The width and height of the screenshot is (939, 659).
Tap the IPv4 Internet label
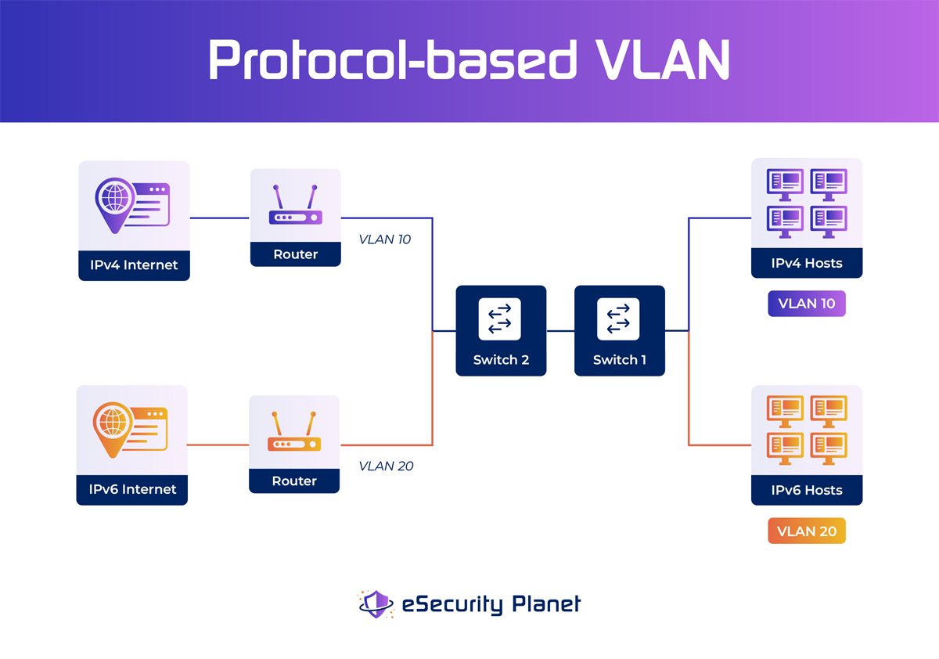[x=134, y=265]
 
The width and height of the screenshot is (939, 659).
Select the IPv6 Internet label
[x=132, y=489]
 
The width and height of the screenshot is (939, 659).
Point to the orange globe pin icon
[x=113, y=427]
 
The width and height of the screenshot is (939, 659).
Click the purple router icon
[x=296, y=206]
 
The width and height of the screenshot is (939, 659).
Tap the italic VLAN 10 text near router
[x=384, y=239]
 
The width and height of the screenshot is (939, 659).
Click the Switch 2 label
[x=501, y=360]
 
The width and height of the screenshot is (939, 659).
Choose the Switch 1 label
[x=620, y=360]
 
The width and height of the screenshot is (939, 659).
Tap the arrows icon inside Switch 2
[x=500, y=319]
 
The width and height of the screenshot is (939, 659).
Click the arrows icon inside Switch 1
[x=618, y=319]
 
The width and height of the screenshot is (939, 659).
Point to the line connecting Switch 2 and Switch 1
[x=560, y=331]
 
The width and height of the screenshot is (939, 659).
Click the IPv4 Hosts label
[x=807, y=263]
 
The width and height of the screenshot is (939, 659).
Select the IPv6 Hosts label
[x=807, y=490]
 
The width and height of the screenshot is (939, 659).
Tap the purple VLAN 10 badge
[x=807, y=304]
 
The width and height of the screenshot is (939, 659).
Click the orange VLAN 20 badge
[x=807, y=531]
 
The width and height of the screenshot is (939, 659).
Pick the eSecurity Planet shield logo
[x=376, y=604]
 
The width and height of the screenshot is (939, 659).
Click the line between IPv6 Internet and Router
[x=218, y=445]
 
